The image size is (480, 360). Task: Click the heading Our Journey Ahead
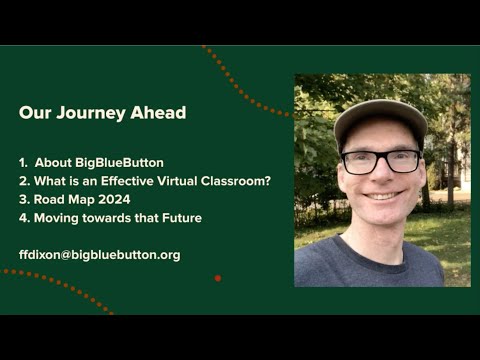[x=102, y=113]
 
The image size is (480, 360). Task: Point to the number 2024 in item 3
[x=111, y=199]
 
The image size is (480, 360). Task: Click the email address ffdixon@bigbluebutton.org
[x=99, y=255]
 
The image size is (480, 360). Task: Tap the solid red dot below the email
[x=218, y=278]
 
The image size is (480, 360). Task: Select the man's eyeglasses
[x=381, y=161]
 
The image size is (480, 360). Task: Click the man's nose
[x=382, y=177]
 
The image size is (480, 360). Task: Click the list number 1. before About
[x=24, y=162]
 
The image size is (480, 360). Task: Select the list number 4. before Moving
[x=24, y=218]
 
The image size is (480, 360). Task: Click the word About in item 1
[x=55, y=162]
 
